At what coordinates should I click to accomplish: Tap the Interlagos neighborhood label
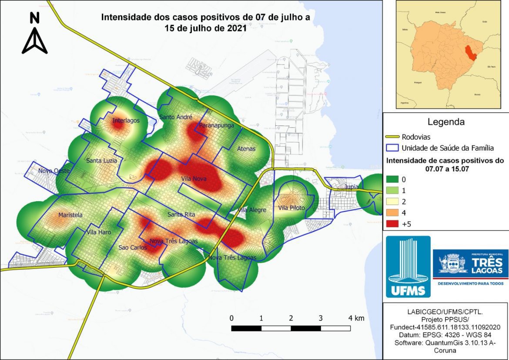pyautogui.click(x=126, y=121)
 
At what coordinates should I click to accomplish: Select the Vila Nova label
pyautogui.click(x=194, y=178)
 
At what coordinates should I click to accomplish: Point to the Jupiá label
pyautogui.click(x=351, y=187)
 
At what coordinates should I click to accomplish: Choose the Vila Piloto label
pyautogui.click(x=291, y=208)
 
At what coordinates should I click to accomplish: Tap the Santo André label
pyautogui.click(x=173, y=117)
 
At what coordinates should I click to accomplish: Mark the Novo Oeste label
pyautogui.click(x=54, y=171)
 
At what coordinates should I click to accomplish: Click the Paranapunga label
pyautogui.click(x=216, y=125)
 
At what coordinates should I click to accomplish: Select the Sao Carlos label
pyautogui.click(x=132, y=248)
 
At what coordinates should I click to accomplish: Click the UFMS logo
pyautogui.click(x=408, y=266)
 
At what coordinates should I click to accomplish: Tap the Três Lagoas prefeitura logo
pyautogui.click(x=470, y=267)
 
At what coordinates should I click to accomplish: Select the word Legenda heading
pyautogui.click(x=445, y=121)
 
